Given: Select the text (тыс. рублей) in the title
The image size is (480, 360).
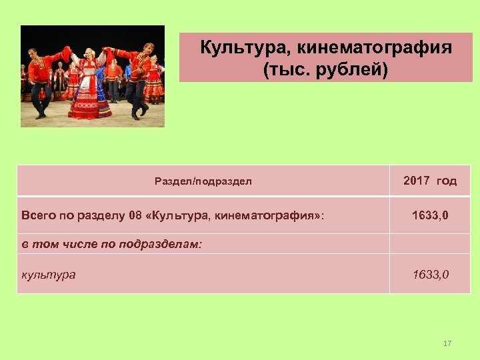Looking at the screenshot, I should tap(325, 69).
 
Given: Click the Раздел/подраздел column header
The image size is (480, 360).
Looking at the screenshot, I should tap(203, 181).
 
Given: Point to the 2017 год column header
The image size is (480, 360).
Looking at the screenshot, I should tap(430, 181).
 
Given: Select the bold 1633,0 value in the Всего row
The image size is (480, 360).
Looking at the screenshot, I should tap(430, 215).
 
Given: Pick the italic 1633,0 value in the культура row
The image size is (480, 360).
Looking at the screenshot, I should tap(430, 274).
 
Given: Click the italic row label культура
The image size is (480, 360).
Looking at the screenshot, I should tap(49, 274).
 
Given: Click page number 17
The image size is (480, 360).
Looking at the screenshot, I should tap(447, 343).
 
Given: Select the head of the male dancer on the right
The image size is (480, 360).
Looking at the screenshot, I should tap(148, 48).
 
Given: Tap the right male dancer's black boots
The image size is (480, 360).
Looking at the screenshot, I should tap(139, 111).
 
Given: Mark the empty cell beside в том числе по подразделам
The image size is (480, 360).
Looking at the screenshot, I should tap(430, 244).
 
